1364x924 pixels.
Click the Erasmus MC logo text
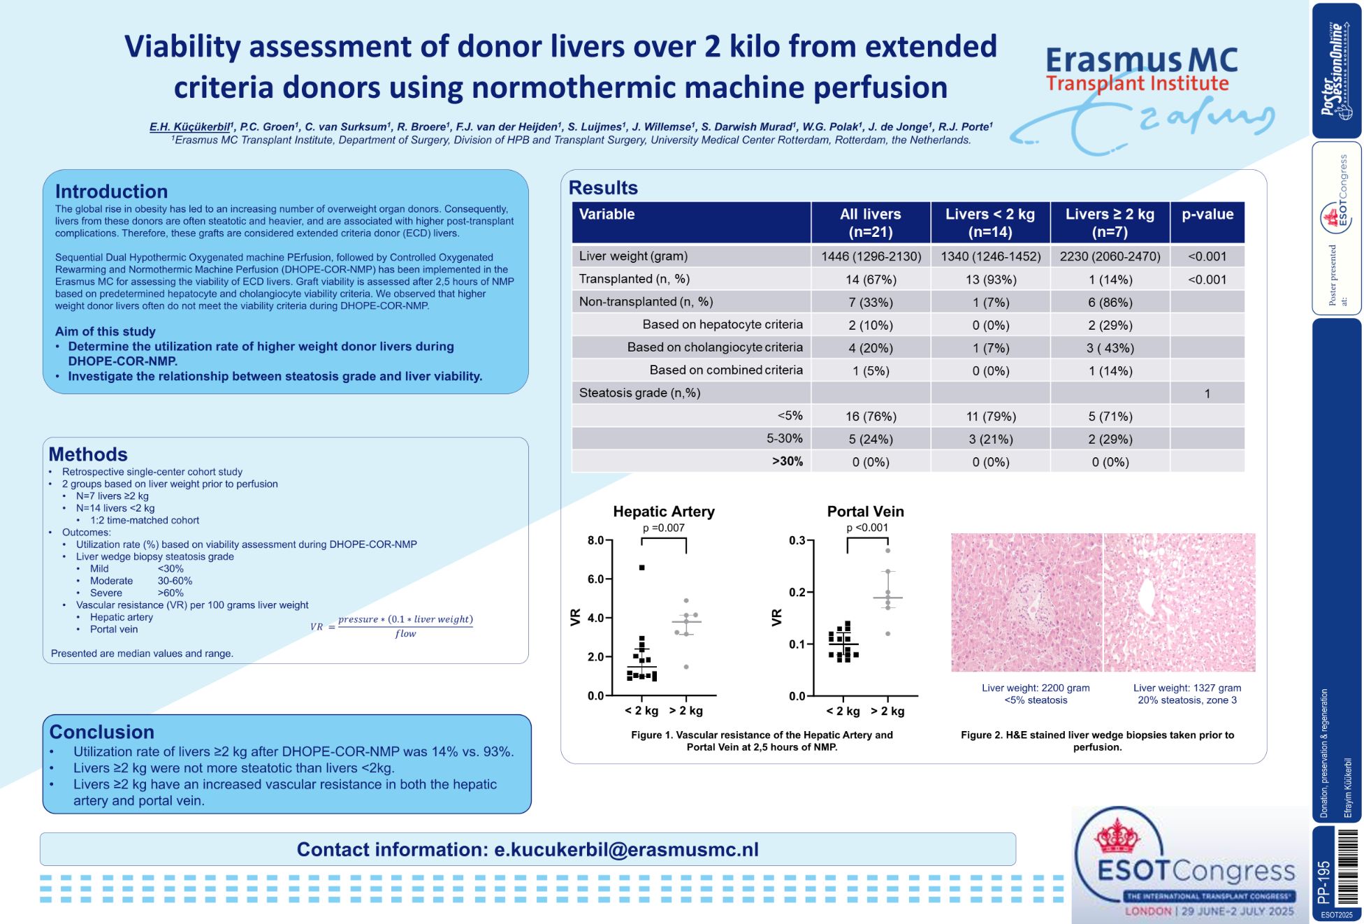click(1141, 60)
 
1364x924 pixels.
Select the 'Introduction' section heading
click(111, 192)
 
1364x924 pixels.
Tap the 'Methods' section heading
click(88, 454)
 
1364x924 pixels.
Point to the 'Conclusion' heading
click(101, 732)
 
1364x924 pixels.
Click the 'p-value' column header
click(1207, 215)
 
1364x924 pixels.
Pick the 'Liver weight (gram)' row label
click(633, 256)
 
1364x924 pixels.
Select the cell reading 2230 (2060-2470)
click(1110, 257)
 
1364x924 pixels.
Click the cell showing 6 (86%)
click(1110, 303)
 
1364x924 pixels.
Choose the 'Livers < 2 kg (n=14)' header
click(989, 222)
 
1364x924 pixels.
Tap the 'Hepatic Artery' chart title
click(663, 512)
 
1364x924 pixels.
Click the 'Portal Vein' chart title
click(865, 512)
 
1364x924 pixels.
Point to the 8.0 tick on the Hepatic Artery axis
click(595, 540)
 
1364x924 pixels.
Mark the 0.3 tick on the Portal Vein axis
click(797, 540)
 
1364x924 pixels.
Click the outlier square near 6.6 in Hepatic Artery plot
click(641, 568)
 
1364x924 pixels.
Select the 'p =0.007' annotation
click(663, 528)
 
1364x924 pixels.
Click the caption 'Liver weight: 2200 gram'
click(1035, 688)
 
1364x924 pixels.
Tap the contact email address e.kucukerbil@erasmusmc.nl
click(626, 849)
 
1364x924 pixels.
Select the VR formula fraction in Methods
click(405, 626)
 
